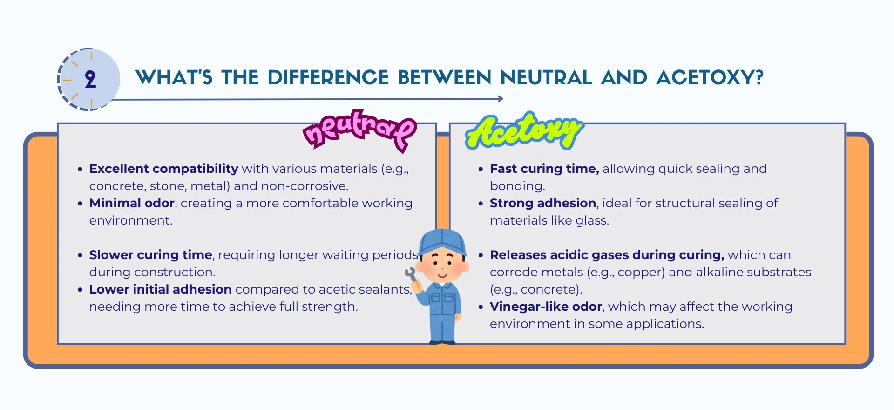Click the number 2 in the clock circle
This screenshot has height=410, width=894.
[x=90, y=80]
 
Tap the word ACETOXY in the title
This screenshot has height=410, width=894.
[x=710, y=77]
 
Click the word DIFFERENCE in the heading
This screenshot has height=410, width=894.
[x=328, y=77]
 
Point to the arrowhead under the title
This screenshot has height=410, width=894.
[x=500, y=99]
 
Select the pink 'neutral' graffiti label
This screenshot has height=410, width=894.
[x=359, y=130]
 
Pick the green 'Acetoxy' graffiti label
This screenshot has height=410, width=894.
[x=524, y=131]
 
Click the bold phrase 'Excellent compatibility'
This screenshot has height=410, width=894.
[x=164, y=169]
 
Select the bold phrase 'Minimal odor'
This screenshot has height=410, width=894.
[x=132, y=203]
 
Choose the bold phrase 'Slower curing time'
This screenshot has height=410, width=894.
[x=151, y=255]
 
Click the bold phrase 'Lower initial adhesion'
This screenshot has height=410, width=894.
[x=161, y=289]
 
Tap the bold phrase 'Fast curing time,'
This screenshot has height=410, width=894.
[x=544, y=169]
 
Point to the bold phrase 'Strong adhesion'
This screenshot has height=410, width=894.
[x=543, y=203]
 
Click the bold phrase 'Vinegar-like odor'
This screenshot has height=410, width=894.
[x=546, y=307]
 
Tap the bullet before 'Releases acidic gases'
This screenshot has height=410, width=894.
[x=481, y=255]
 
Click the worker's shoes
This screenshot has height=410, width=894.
[x=442, y=342]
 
